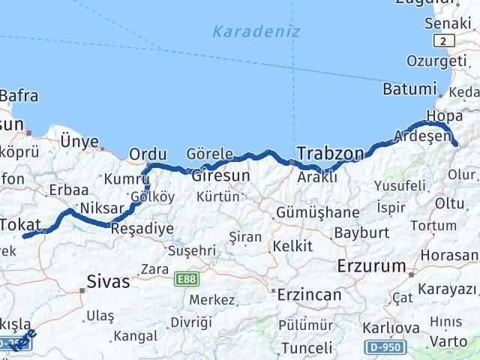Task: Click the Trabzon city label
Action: tap(331, 154)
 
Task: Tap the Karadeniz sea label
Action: tap(256, 31)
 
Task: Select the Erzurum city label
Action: tap(371, 265)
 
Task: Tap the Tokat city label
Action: tap(25, 223)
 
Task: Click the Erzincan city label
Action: tap(308, 295)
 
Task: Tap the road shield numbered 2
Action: tap(447, 42)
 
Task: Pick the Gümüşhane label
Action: tap(317, 213)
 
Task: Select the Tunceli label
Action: tap(307, 348)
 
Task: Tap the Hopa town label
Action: tap(439, 115)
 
